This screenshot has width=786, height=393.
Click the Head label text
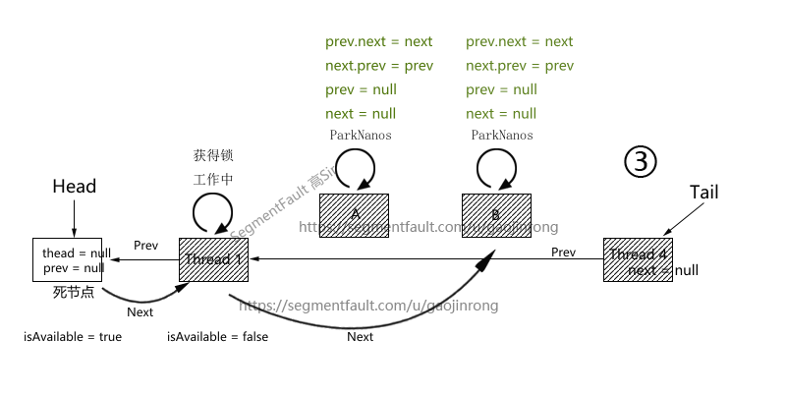pyautogui.click(x=74, y=187)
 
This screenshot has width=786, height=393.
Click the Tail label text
pyautogui.click(x=703, y=192)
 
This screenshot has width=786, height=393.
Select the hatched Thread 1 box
pyautogui.click(x=212, y=259)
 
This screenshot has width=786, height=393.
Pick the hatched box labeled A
pyautogui.click(x=354, y=215)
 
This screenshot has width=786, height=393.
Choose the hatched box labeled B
pyautogui.click(x=496, y=215)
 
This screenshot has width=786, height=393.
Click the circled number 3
pyautogui.click(x=640, y=161)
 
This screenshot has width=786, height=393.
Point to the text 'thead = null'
pyautogui.click(x=73, y=253)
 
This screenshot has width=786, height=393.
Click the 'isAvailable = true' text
pyautogui.click(x=73, y=336)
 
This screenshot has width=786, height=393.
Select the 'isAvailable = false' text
pyautogui.click(x=217, y=336)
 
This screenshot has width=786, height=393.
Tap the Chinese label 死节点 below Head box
pyautogui.click(x=73, y=293)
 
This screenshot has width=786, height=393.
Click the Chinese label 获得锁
pyautogui.click(x=213, y=155)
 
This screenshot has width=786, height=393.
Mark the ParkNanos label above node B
pyautogui.click(x=502, y=135)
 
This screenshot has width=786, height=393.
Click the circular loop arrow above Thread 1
pyautogui.click(x=212, y=209)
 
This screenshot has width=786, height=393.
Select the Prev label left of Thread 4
pyautogui.click(x=563, y=253)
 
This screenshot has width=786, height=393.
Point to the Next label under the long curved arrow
pyautogui.click(x=361, y=336)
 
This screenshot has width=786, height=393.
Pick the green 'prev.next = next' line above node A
pyautogui.click(x=378, y=42)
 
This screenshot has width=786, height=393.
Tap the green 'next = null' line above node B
pyautogui.click(x=501, y=113)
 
